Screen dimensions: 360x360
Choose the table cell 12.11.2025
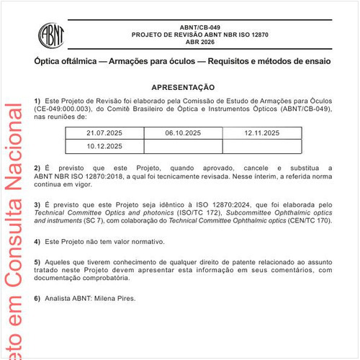(261, 133)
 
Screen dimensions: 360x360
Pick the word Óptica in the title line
(48, 61)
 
